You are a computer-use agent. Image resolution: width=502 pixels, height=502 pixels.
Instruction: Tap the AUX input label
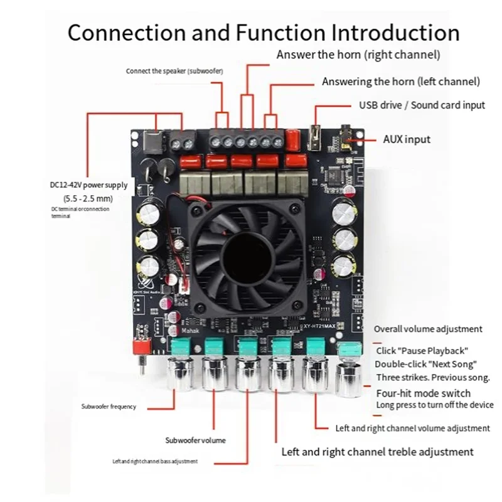407,139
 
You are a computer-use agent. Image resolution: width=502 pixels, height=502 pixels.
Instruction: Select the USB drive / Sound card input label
422,105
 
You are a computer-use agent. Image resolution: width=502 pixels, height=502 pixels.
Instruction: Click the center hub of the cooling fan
249,256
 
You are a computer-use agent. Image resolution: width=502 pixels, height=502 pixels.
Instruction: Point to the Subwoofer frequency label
109,407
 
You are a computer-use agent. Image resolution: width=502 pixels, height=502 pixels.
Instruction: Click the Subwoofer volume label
195,440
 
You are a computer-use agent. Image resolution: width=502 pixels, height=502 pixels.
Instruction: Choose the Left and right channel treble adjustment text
377,451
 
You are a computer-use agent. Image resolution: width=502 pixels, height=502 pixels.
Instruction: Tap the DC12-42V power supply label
88,185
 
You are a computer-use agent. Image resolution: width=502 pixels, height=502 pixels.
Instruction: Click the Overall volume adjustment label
428,329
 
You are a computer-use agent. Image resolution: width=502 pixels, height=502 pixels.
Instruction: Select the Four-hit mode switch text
423,393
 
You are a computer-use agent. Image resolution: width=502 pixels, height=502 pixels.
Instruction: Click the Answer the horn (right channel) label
358,55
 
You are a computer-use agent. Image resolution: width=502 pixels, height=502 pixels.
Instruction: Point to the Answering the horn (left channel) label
401,82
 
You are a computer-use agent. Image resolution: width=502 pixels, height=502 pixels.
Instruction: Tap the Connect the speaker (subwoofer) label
174,71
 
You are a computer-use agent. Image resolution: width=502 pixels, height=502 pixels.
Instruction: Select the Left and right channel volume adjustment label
413,428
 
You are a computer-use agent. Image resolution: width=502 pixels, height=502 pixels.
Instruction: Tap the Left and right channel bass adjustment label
155,461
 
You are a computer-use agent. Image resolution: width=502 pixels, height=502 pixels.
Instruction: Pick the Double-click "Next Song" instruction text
427,364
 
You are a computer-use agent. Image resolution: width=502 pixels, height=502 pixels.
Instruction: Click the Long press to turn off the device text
434,405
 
